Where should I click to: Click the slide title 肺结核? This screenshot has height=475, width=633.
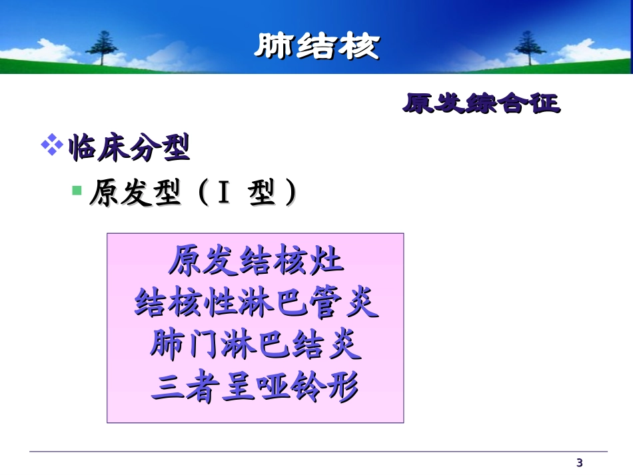point(317,46)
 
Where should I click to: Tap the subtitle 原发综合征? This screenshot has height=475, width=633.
point(481,103)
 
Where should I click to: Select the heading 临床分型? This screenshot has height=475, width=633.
point(129,148)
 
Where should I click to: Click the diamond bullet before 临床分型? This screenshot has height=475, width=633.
point(52,144)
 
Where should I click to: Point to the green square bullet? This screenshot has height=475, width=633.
point(77,190)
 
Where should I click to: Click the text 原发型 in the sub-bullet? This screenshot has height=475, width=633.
point(135,193)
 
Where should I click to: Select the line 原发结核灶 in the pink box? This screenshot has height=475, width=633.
point(256,260)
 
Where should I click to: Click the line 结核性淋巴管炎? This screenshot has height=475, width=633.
point(256,302)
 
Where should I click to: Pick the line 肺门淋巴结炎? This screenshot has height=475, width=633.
point(256,344)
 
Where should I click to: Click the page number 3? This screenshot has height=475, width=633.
point(579,463)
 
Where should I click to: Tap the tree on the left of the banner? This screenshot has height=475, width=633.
point(101,47)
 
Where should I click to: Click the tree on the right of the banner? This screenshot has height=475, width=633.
point(529,47)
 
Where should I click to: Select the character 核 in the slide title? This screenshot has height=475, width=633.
point(359,46)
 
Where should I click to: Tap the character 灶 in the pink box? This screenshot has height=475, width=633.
point(326,260)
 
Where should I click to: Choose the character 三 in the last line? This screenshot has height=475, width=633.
point(167,388)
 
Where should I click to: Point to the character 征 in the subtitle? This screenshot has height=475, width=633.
point(545,103)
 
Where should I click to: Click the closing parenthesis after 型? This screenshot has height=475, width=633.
point(291,193)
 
